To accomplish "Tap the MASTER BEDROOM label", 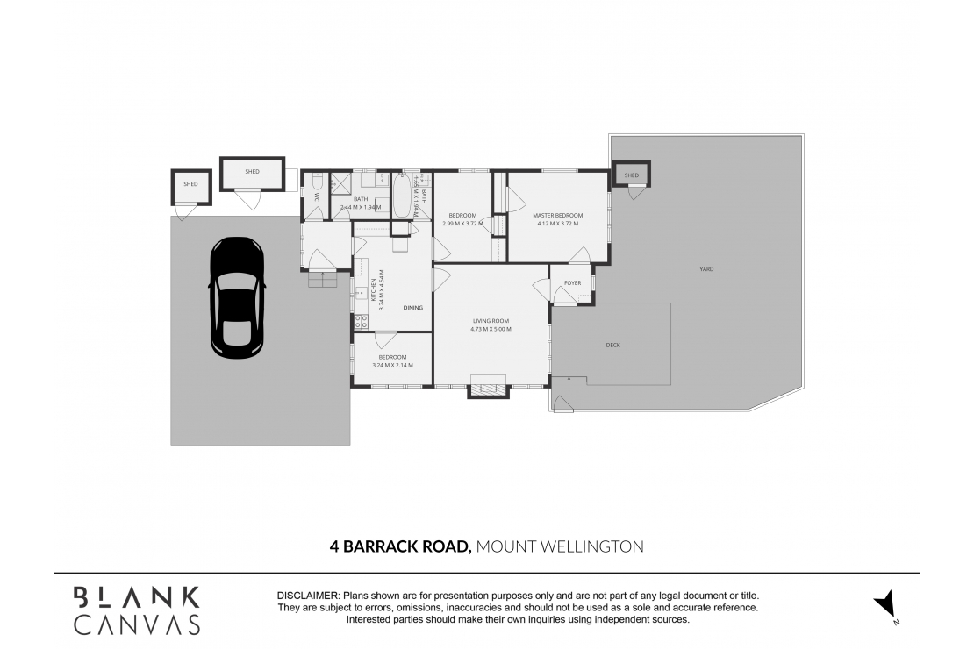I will click(558, 215).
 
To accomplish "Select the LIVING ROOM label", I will click(491, 321).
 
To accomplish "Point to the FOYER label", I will click(572, 283).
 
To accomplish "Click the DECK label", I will click(612, 345).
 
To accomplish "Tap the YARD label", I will click(706, 269).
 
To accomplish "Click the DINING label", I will click(413, 308).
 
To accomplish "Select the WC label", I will click(316, 197).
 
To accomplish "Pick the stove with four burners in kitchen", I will click(360, 321).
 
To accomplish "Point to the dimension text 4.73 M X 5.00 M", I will click(491, 329).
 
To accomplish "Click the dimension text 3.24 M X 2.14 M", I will click(392, 365).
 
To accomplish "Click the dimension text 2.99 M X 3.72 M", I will click(462, 224).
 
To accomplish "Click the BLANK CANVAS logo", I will click(136, 610).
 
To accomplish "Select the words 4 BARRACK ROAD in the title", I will click(401, 546).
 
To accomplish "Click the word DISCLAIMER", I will click(308, 596).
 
